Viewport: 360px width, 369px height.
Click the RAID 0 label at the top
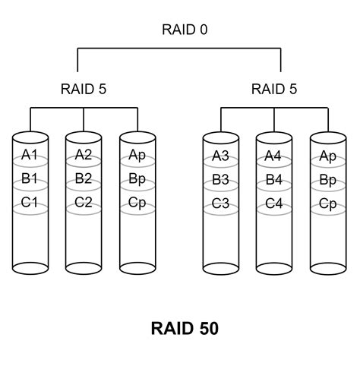tap(185, 30)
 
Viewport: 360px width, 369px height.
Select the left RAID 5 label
tap(83, 89)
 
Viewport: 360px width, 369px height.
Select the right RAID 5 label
tap(274, 89)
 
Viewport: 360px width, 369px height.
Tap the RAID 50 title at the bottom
tap(185, 328)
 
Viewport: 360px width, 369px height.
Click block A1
tap(30, 156)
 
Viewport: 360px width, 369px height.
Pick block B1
tap(30, 180)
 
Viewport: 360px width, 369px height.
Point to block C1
tap(30, 203)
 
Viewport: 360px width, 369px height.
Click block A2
tap(84, 156)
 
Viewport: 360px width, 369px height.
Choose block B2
tap(84, 180)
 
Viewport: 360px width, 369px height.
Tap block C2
tap(84, 203)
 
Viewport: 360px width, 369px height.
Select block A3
tap(221, 156)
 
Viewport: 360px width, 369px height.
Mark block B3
tap(221, 181)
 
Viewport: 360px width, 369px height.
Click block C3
tap(221, 204)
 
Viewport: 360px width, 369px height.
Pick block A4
tap(274, 156)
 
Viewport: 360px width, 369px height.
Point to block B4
tap(274, 181)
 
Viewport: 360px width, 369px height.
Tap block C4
tap(274, 204)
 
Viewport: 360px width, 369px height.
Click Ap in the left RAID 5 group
tap(137, 156)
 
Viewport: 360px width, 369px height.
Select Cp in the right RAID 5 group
tap(328, 204)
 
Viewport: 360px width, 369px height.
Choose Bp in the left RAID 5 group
tap(137, 180)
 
